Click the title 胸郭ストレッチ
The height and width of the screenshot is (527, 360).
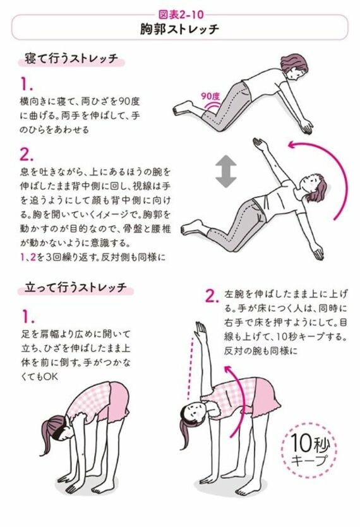click(179, 28)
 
